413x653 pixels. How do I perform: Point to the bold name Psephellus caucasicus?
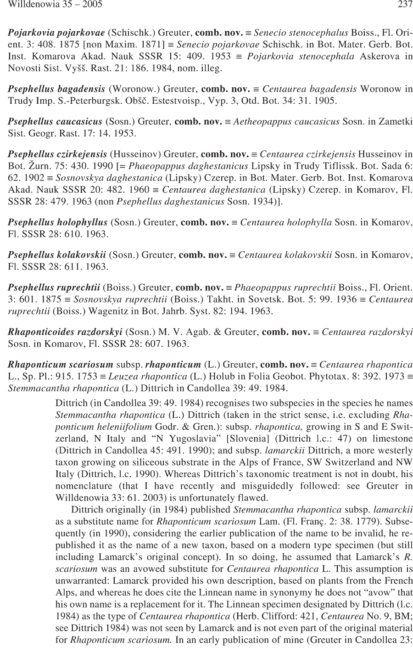coord(55,122)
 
